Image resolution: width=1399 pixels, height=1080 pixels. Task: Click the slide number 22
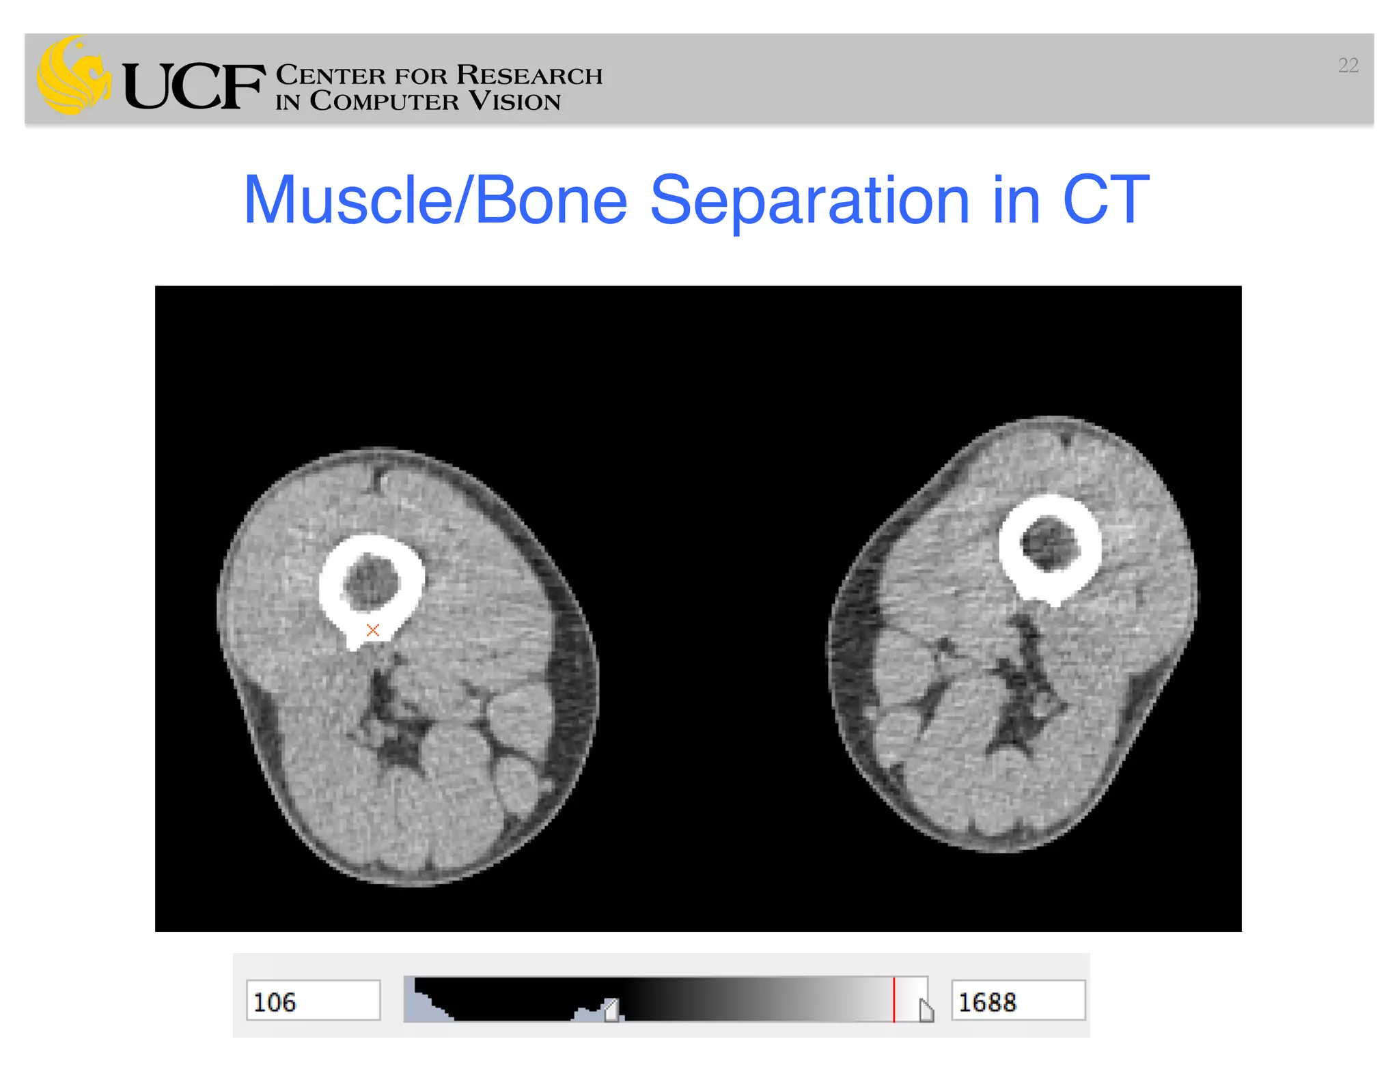[1348, 66]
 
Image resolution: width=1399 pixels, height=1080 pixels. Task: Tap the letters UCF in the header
[194, 87]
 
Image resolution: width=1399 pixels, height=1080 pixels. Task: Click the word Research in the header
[529, 74]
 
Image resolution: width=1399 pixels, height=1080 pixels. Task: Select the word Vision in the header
[514, 102]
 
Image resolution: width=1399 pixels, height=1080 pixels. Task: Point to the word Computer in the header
[384, 102]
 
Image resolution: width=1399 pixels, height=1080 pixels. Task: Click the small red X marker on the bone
[372, 630]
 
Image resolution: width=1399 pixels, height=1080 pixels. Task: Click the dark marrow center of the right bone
[1049, 543]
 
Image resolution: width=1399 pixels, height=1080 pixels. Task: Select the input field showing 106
[313, 1001]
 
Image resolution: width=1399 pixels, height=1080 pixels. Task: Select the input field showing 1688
[1018, 1001]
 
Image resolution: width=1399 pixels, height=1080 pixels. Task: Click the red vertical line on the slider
[894, 999]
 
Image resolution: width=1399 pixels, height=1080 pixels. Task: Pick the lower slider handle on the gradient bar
[611, 1010]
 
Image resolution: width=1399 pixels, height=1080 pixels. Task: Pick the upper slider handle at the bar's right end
[926, 1010]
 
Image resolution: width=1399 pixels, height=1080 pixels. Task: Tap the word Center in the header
[331, 74]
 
